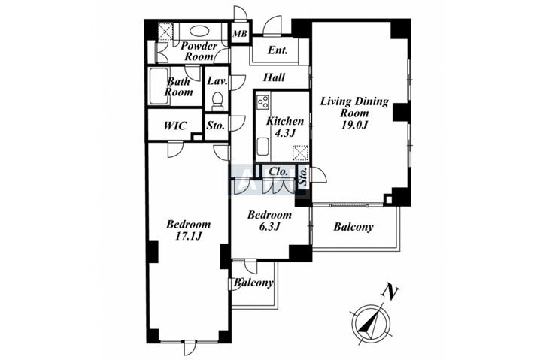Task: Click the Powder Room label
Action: click(199, 51)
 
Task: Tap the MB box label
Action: click(240, 34)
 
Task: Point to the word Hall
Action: click(273, 77)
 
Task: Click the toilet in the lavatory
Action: click(217, 100)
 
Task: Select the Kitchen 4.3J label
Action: click(285, 126)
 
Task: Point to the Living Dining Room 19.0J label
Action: click(352, 112)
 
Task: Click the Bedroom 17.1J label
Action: click(188, 231)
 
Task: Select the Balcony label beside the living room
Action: click(353, 227)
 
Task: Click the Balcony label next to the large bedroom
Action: click(253, 283)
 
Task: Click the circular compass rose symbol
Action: click(370, 322)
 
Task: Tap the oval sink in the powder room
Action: click(200, 32)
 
